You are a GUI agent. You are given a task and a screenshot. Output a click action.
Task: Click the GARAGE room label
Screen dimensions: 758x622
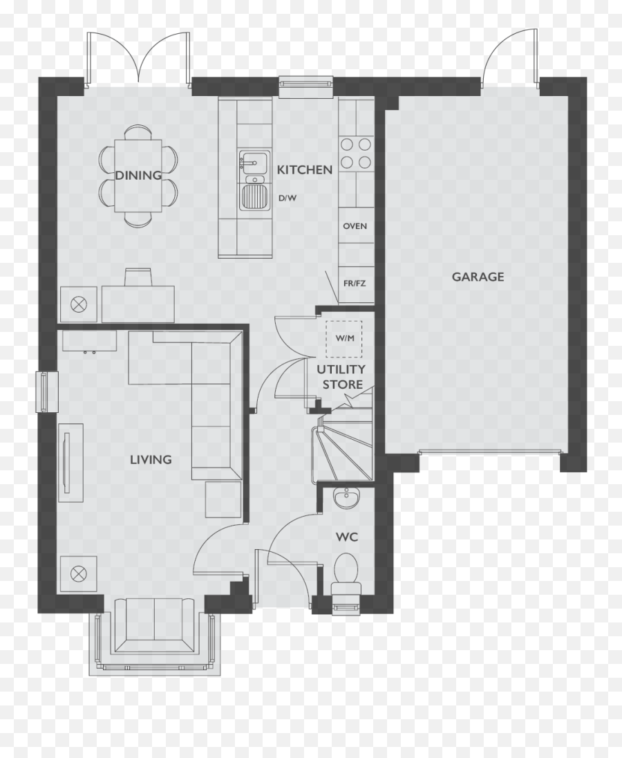(x=478, y=277)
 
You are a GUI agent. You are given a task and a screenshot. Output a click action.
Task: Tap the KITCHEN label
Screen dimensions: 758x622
(x=304, y=169)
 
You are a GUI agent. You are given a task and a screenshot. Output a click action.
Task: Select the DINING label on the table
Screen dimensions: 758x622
(x=138, y=175)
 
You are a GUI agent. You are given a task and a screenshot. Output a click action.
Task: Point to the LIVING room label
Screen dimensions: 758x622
(x=151, y=459)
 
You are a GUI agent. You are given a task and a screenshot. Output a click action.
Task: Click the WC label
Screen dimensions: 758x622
(x=347, y=537)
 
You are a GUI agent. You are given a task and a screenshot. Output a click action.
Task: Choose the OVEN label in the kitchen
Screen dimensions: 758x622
(x=355, y=226)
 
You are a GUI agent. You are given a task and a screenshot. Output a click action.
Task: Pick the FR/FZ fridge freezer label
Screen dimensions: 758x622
(x=355, y=282)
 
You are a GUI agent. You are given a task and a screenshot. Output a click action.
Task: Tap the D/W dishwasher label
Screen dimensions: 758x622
(x=288, y=198)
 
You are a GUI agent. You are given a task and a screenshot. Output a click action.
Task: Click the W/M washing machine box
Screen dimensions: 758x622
(x=343, y=338)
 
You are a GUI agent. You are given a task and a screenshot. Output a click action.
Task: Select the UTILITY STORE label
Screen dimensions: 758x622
(x=341, y=377)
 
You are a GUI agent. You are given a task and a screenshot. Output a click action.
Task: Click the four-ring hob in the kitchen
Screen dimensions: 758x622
(x=356, y=153)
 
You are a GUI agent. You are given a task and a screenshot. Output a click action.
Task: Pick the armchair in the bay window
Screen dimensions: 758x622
(x=153, y=625)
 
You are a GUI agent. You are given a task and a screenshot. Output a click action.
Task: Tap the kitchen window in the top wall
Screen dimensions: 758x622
(x=306, y=83)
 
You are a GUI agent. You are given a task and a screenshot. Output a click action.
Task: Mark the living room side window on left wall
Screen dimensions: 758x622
(x=46, y=392)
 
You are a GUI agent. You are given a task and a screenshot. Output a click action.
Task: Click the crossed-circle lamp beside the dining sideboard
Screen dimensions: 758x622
(x=79, y=304)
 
